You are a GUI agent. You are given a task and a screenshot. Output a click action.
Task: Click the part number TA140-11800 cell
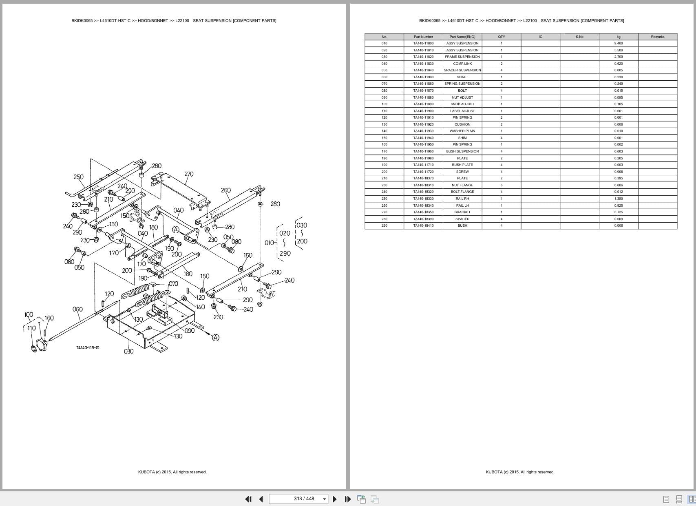(x=423, y=44)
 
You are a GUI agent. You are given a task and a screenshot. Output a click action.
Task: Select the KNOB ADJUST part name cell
(x=462, y=104)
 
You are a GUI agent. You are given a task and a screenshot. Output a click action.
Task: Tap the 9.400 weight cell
(x=618, y=44)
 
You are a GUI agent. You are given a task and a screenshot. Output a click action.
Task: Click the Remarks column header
(x=658, y=37)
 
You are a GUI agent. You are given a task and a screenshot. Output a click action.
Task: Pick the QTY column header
(x=502, y=37)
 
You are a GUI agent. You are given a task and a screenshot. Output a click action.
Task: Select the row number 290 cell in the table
(x=384, y=225)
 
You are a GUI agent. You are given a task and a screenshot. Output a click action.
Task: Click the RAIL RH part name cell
(x=462, y=199)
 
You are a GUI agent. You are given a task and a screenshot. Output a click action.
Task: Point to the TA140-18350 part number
(x=423, y=212)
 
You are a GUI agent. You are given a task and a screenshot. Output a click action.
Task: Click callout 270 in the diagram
(x=189, y=174)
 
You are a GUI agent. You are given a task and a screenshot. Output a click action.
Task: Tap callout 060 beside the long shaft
(x=78, y=309)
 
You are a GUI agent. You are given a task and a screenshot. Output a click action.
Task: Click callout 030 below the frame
(x=128, y=351)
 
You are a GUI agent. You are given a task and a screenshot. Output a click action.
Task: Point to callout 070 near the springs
(x=173, y=284)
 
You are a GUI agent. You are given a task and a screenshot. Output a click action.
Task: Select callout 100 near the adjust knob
(x=29, y=314)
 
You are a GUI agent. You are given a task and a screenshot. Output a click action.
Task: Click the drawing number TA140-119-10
(x=88, y=348)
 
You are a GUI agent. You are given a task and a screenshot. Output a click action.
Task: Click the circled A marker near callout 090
(x=216, y=338)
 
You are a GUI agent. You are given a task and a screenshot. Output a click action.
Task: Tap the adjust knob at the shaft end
(x=41, y=345)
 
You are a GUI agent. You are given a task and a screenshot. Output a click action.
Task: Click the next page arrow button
(x=335, y=499)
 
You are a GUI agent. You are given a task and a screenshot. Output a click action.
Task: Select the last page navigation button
(x=348, y=499)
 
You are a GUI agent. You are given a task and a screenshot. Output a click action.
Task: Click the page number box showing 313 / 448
(x=298, y=499)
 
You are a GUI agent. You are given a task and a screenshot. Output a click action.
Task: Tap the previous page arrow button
(x=261, y=499)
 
